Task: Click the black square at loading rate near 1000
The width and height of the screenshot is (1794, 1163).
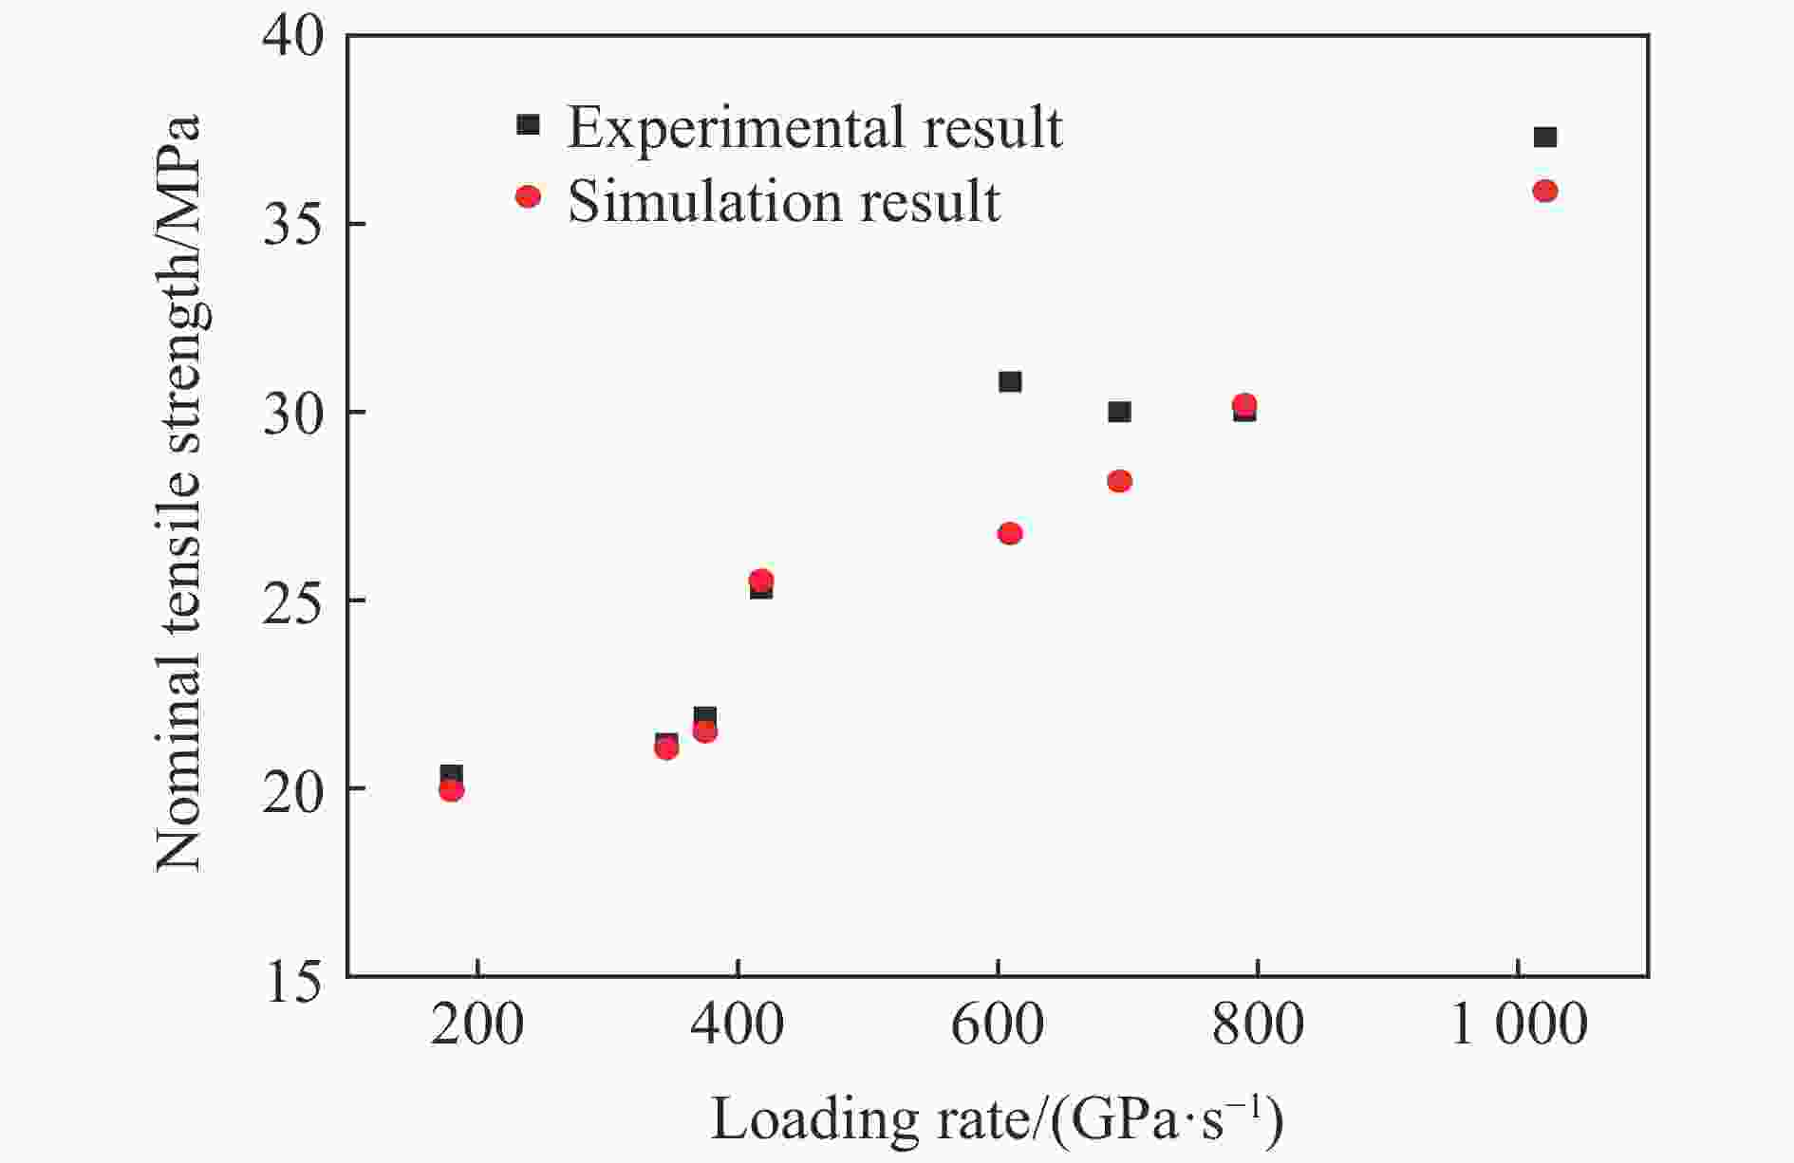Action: pyautogui.click(x=1544, y=138)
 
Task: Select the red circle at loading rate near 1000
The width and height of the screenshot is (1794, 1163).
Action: pyautogui.click(x=1544, y=192)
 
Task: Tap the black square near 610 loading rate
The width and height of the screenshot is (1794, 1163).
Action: pyautogui.click(x=1010, y=381)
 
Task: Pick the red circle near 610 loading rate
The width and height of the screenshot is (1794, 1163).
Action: pyautogui.click(x=1010, y=533)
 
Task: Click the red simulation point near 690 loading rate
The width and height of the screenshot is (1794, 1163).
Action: pyautogui.click(x=1119, y=481)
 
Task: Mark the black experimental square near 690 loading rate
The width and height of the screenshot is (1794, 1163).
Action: pyautogui.click(x=1119, y=412)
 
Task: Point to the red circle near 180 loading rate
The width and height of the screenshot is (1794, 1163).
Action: pyautogui.click(x=451, y=790)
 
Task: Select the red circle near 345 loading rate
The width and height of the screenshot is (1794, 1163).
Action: pyautogui.click(x=666, y=748)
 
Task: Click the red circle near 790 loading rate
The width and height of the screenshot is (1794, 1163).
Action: pyautogui.click(x=1243, y=404)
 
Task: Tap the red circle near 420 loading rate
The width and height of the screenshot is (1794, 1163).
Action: pyautogui.click(x=761, y=580)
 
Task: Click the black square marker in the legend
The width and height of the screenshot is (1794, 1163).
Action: pyautogui.click(x=528, y=124)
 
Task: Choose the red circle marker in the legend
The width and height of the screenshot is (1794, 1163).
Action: pyautogui.click(x=528, y=196)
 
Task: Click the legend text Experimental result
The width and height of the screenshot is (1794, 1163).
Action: pyautogui.click(x=814, y=127)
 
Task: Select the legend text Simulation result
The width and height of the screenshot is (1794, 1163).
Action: pyautogui.click(x=783, y=201)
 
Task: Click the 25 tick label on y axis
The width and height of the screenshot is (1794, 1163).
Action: pyautogui.click(x=293, y=601)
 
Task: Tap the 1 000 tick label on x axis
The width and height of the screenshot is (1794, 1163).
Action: pyautogui.click(x=1519, y=1026)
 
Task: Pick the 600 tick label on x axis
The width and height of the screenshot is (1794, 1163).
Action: pyautogui.click(x=997, y=1026)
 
